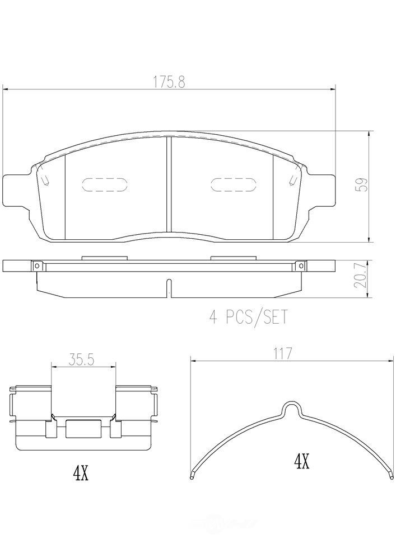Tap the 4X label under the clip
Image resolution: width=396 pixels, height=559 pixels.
click(x=81, y=474)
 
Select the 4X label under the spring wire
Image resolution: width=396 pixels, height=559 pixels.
click(x=301, y=462)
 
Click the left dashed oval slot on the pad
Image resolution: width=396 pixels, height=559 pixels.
click(x=105, y=185)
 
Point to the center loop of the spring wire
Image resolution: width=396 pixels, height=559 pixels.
click(x=291, y=410)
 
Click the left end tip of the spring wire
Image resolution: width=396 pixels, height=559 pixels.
click(x=192, y=476)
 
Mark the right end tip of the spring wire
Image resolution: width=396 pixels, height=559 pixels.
click(x=390, y=476)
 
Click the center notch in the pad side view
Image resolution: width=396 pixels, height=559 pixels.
click(x=169, y=289)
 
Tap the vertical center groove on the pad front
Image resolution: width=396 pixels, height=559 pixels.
click(x=169, y=184)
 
